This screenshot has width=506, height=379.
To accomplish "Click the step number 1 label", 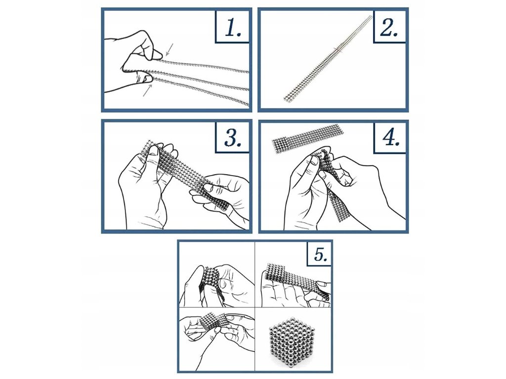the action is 233,27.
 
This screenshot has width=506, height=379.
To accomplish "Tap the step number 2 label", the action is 389,27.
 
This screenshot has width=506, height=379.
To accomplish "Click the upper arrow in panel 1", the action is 169,49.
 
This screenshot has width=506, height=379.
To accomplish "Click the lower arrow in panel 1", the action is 147,91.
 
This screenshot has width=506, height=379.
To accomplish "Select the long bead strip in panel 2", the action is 328,58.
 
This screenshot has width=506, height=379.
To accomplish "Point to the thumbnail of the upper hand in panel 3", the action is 154,151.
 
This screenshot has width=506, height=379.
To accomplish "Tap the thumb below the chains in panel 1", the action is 144,78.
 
